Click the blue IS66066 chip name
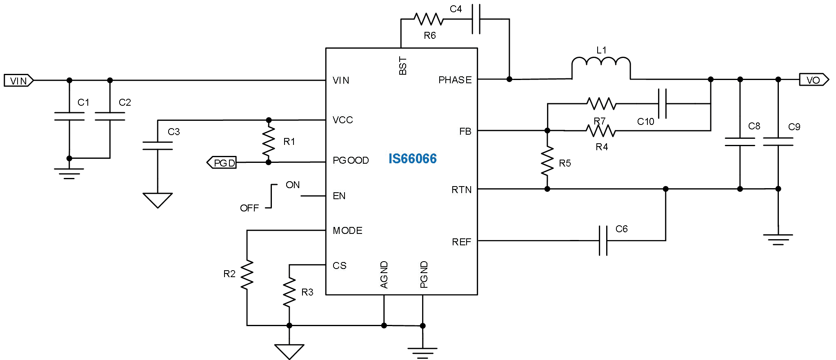coord(412,158)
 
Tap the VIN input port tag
coord(18,80)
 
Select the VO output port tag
coord(813,80)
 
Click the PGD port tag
coord(222,163)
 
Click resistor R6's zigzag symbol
coord(428,19)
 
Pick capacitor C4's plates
coord(476,19)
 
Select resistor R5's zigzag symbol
coord(547,162)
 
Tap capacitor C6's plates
coord(603,240)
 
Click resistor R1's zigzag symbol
coord(269,141)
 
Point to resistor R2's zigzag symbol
coord(247,275)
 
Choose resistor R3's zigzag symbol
coord(289,292)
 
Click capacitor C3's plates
coord(158,146)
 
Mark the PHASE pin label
coord(455,80)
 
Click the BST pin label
coord(403,66)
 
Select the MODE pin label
coord(347,231)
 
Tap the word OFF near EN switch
coord(249,208)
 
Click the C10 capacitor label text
coord(645,122)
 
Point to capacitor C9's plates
coord(778,142)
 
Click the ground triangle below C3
coord(158,200)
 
